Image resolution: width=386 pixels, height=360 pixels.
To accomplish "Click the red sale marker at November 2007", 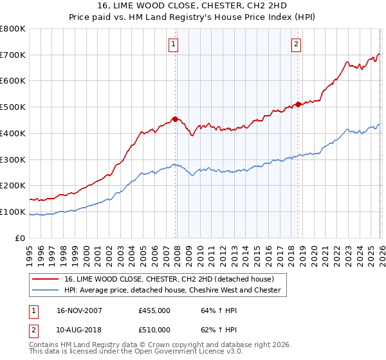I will (x=175, y=119).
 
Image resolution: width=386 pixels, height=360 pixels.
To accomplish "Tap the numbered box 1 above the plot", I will (x=174, y=44).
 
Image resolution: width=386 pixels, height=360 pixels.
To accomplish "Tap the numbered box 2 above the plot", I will (x=296, y=44).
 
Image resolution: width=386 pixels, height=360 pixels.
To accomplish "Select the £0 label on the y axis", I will (x=21, y=239).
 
